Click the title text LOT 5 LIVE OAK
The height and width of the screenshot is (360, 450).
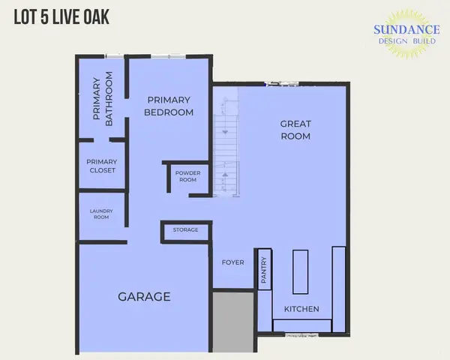click(x=61, y=17)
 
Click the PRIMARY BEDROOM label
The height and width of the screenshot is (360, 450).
click(x=170, y=106)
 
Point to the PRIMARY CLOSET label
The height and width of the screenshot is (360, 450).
click(x=101, y=166)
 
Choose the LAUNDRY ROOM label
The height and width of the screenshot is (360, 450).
click(x=101, y=215)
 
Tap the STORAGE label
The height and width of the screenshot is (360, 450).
click(x=185, y=229)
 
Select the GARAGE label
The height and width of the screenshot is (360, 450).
click(x=144, y=297)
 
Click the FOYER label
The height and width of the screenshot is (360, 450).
click(x=232, y=262)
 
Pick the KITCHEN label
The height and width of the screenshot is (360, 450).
click(x=301, y=309)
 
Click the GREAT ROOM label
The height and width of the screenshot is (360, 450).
click(x=295, y=130)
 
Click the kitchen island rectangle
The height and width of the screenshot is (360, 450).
click(x=300, y=271)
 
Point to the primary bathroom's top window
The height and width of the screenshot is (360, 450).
click(x=115, y=55)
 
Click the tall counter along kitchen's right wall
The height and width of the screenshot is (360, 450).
click(x=339, y=288)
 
